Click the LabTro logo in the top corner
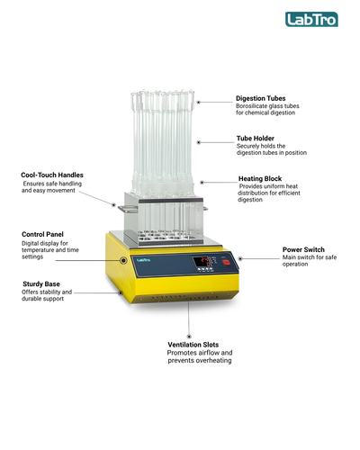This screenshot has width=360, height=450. coord(311,19)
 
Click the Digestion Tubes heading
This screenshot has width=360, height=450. coord(260,98)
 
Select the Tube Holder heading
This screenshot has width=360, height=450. coord(256,139)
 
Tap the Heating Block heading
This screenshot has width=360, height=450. coord(260,179)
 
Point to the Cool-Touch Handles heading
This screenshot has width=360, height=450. coord(52,175)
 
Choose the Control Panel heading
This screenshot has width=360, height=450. coord(42,234)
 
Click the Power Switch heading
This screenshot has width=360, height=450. coord(303,249)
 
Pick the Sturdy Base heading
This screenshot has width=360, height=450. coord(41,284)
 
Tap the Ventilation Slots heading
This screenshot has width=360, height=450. coord(193,345)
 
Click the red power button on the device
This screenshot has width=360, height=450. coord(226,262)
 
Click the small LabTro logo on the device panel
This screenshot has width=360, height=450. coord(143,260)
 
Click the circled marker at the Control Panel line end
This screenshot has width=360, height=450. coord(123,260)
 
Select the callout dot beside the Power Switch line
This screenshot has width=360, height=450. coord(240,258)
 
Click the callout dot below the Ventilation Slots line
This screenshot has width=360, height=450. coord(189,337)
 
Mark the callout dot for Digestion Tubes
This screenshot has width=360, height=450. coord(199,103)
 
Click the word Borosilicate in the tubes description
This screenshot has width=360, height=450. coord(251,106)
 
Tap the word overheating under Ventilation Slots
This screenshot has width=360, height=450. coord(215,360)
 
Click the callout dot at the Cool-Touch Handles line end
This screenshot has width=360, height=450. coord(113,205)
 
